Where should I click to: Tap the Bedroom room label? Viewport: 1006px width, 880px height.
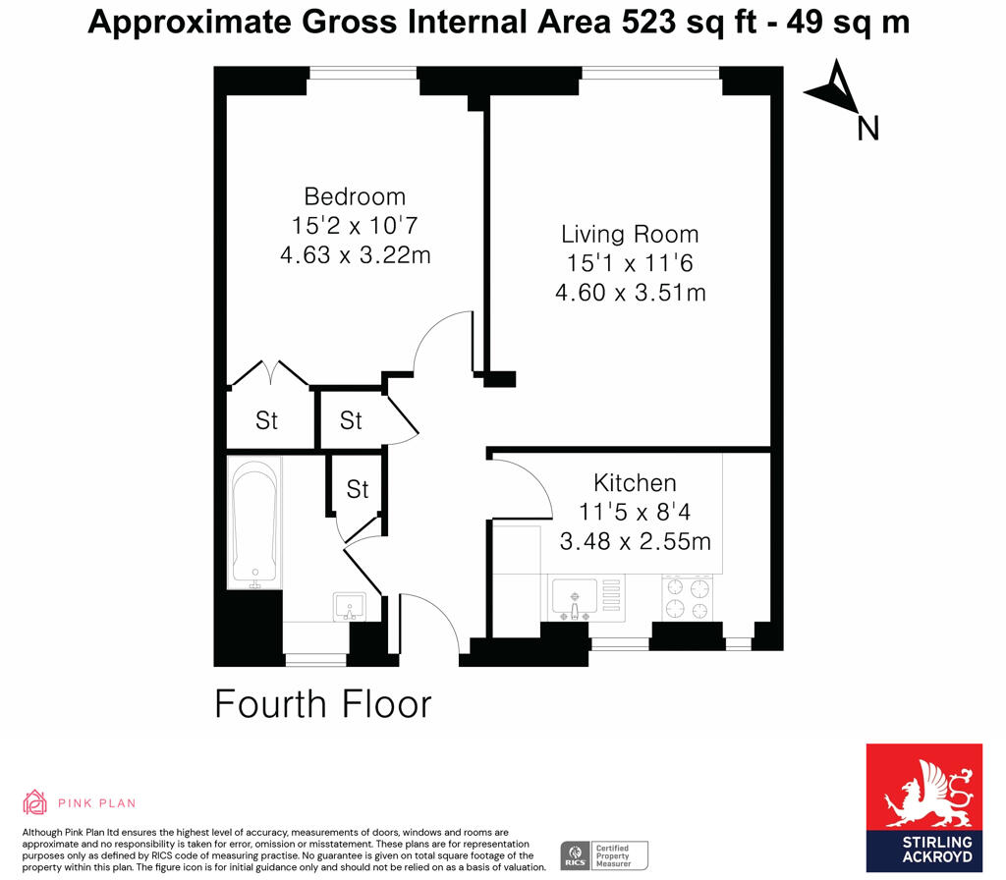point(354,195)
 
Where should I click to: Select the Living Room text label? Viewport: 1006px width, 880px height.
point(630,234)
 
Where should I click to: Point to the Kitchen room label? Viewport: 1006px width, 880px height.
point(635,483)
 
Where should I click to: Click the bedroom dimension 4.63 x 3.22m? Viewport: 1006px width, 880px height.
point(356,255)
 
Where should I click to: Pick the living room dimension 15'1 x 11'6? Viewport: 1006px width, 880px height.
point(630,263)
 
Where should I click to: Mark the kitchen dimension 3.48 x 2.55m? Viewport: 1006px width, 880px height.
point(635,541)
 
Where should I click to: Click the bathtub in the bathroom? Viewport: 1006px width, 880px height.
point(253,528)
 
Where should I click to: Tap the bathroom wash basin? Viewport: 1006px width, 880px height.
point(349,604)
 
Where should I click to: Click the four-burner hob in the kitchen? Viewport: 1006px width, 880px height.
point(688,599)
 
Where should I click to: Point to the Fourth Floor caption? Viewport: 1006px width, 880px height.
point(323,704)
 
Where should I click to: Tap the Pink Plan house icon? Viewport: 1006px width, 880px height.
point(34,801)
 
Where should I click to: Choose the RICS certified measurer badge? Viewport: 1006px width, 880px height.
point(603,854)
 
